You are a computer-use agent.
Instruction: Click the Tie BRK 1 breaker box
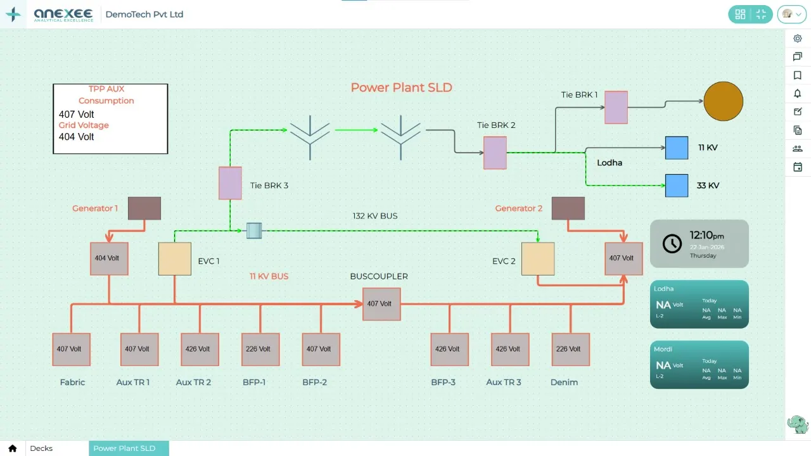[616, 107]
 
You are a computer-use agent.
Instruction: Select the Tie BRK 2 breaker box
[495, 153]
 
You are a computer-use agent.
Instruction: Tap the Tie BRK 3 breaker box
[230, 183]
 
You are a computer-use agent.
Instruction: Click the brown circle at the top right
[723, 101]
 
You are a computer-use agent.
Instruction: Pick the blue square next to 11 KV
[677, 148]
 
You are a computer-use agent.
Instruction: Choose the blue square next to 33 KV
[677, 186]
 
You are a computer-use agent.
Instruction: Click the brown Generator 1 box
[144, 208]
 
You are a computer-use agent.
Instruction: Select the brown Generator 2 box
[568, 208]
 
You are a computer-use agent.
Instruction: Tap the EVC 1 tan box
[174, 259]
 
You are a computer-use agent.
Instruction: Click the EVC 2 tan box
[538, 259]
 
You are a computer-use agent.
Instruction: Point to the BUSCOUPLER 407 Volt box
[381, 304]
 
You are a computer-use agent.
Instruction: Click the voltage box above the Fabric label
[71, 349]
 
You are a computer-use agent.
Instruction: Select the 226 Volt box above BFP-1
[260, 349]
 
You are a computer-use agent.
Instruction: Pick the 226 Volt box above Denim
[570, 349]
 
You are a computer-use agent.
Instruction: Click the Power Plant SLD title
[402, 87]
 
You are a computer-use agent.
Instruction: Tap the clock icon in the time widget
[672, 243]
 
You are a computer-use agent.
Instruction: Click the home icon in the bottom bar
[13, 448]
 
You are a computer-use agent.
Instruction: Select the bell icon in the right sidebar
[798, 94]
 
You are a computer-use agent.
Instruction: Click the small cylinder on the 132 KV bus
[254, 231]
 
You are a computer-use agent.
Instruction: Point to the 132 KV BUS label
[375, 216]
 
